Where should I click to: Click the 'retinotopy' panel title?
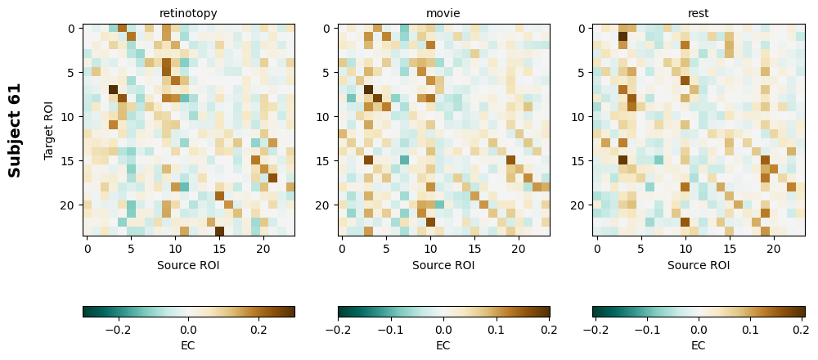tap(188, 13)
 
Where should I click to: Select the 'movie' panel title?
tap(443, 13)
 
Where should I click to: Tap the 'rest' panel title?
tap(699, 13)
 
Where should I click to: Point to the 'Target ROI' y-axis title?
tap(49, 130)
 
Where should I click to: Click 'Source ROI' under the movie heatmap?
tap(443, 265)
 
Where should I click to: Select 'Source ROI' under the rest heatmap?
tap(699, 265)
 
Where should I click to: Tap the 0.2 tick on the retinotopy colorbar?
tap(258, 330)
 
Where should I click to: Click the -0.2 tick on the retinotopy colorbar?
tap(118, 330)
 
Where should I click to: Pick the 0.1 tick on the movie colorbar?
tap(496, 330)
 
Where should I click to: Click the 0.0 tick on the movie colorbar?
tap(443, 330)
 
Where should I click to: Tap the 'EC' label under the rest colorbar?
tap(699, 345)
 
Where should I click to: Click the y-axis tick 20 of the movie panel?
tap(323, 205)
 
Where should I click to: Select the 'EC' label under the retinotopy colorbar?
tap(188, 345)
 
